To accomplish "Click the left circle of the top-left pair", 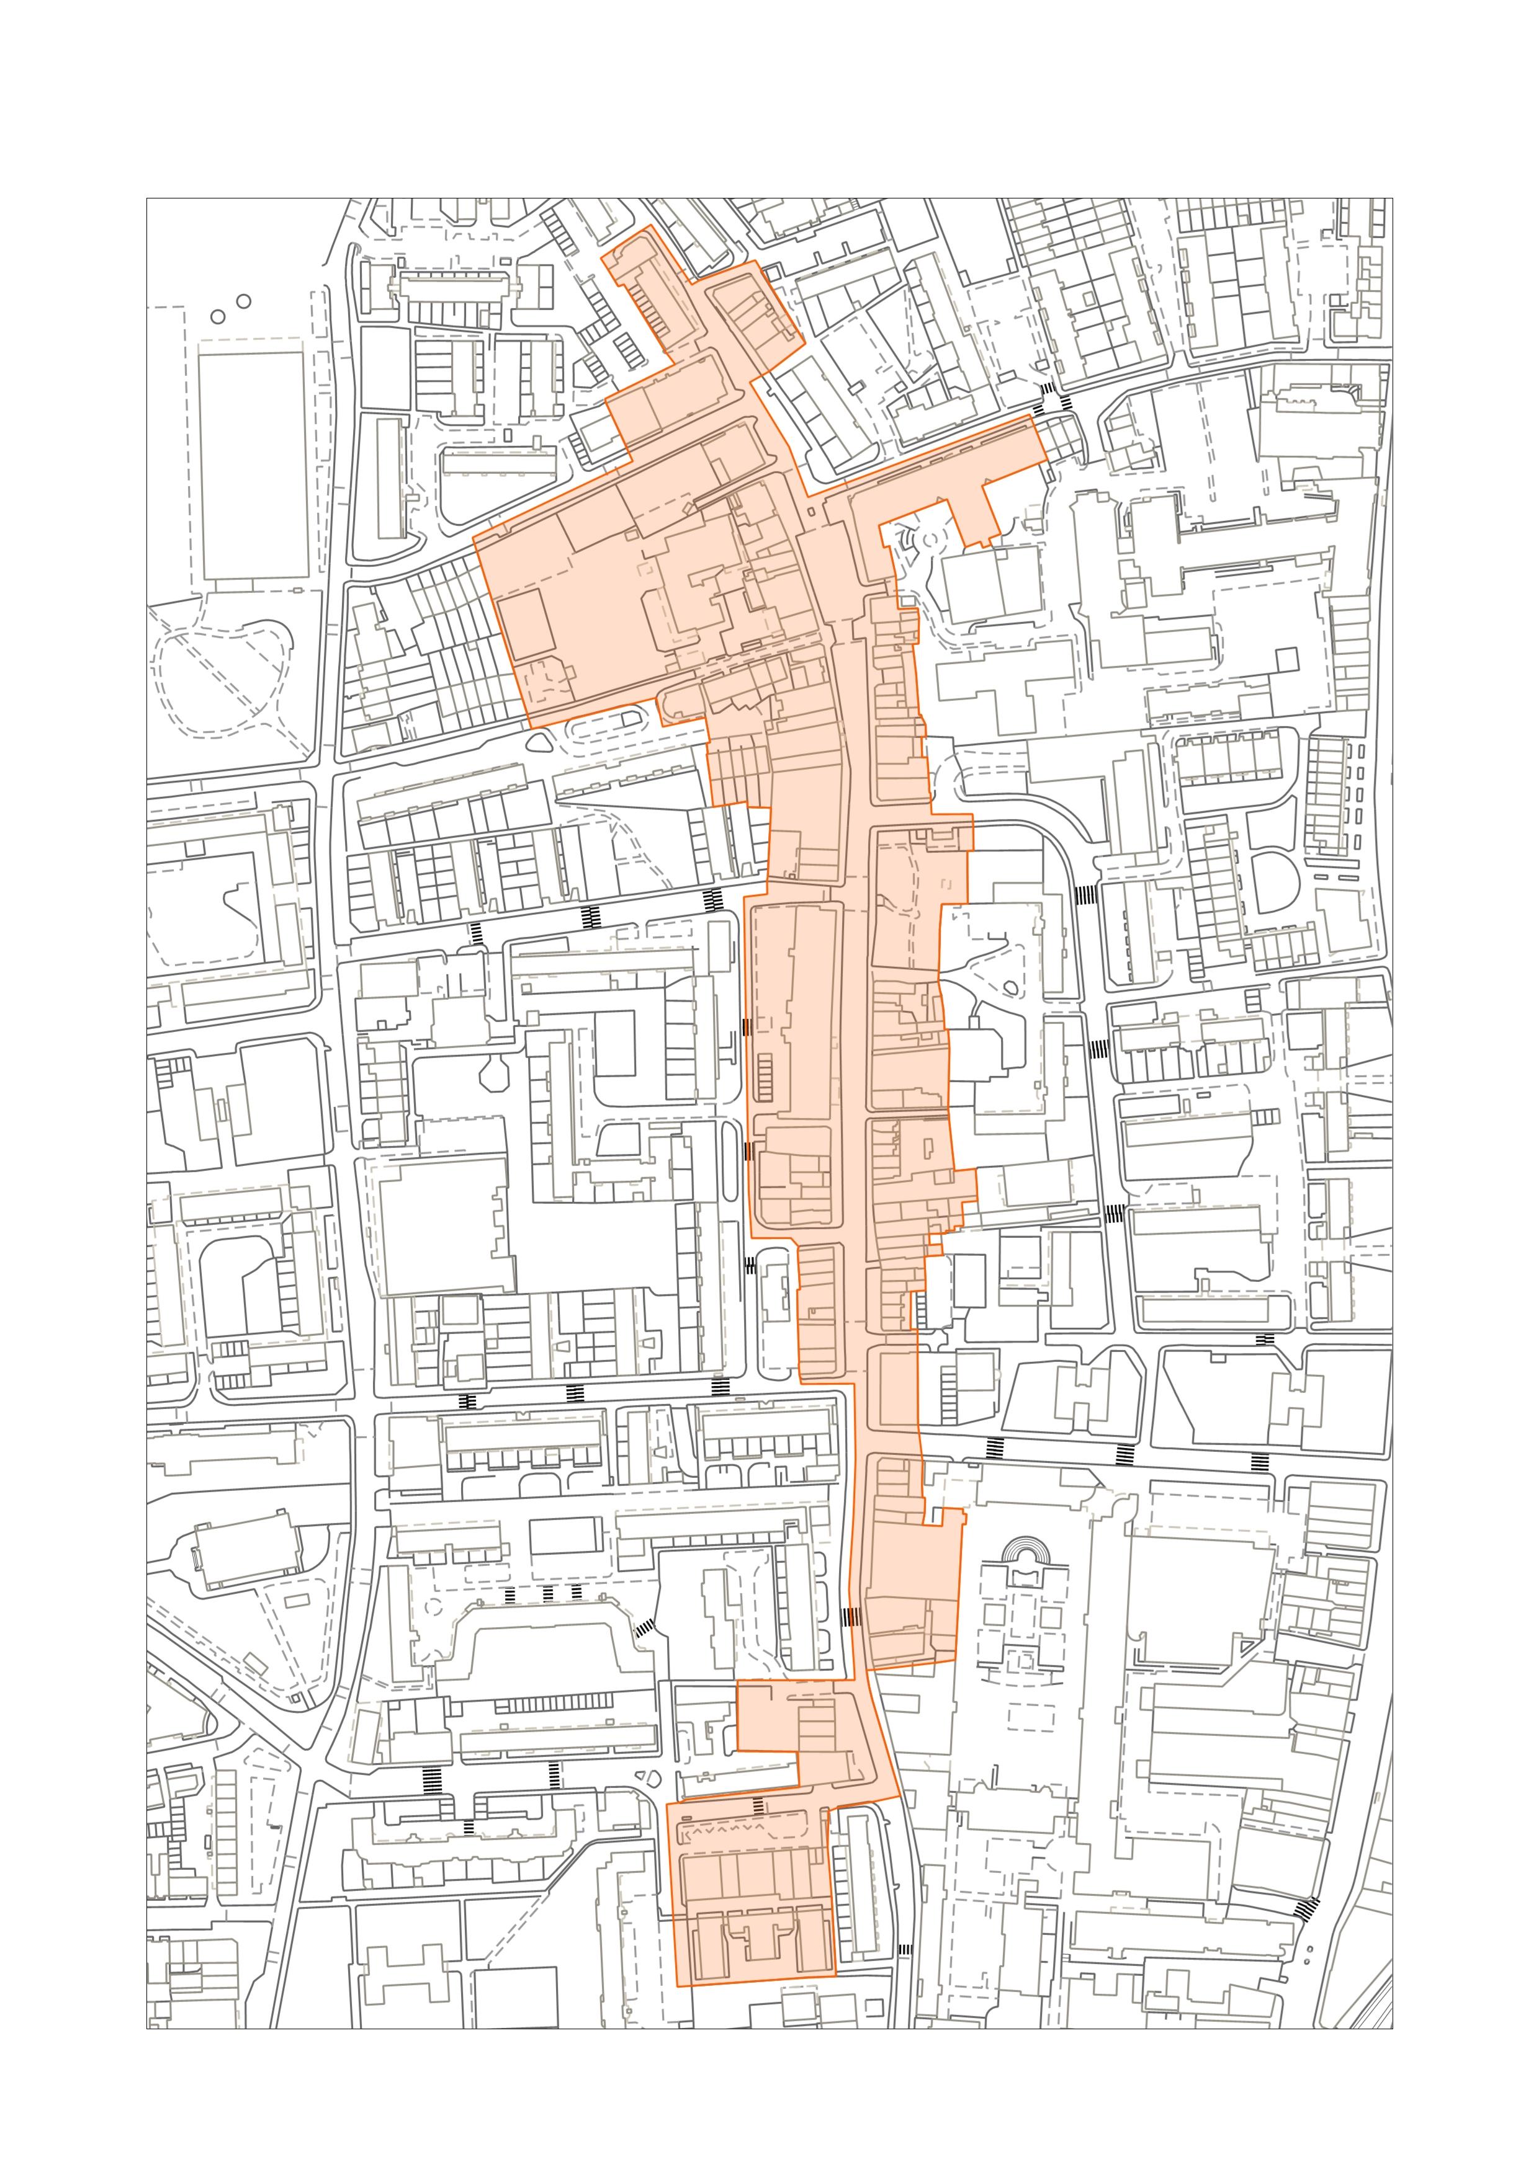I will click(x=218, y=316).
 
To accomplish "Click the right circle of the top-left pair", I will click(x=243, y=301).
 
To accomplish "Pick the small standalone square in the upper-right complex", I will click(x=1285, y=659).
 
